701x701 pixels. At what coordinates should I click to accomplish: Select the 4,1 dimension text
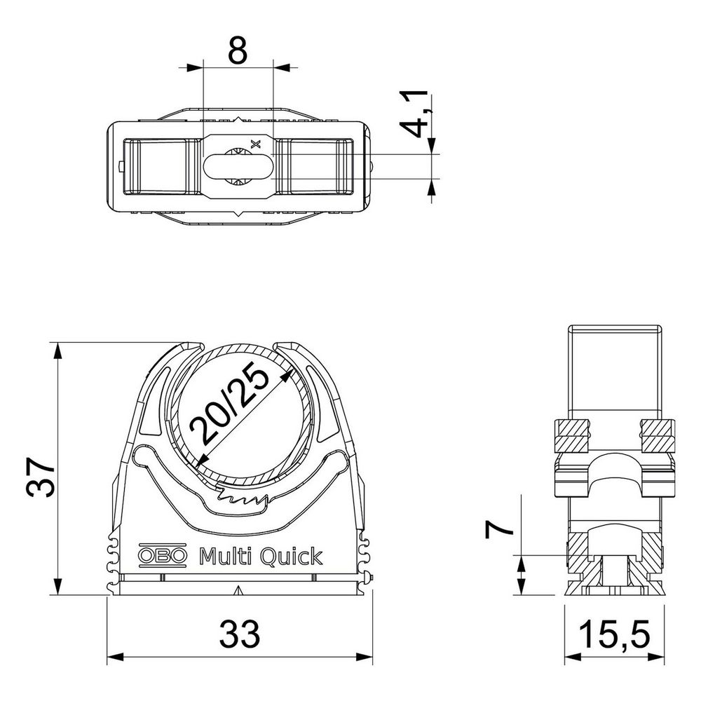414,114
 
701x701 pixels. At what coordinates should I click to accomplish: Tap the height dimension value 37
41,477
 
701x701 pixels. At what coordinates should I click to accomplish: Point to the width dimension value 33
240,634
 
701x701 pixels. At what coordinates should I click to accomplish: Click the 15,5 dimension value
614,634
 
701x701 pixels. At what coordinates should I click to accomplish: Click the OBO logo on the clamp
162,555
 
